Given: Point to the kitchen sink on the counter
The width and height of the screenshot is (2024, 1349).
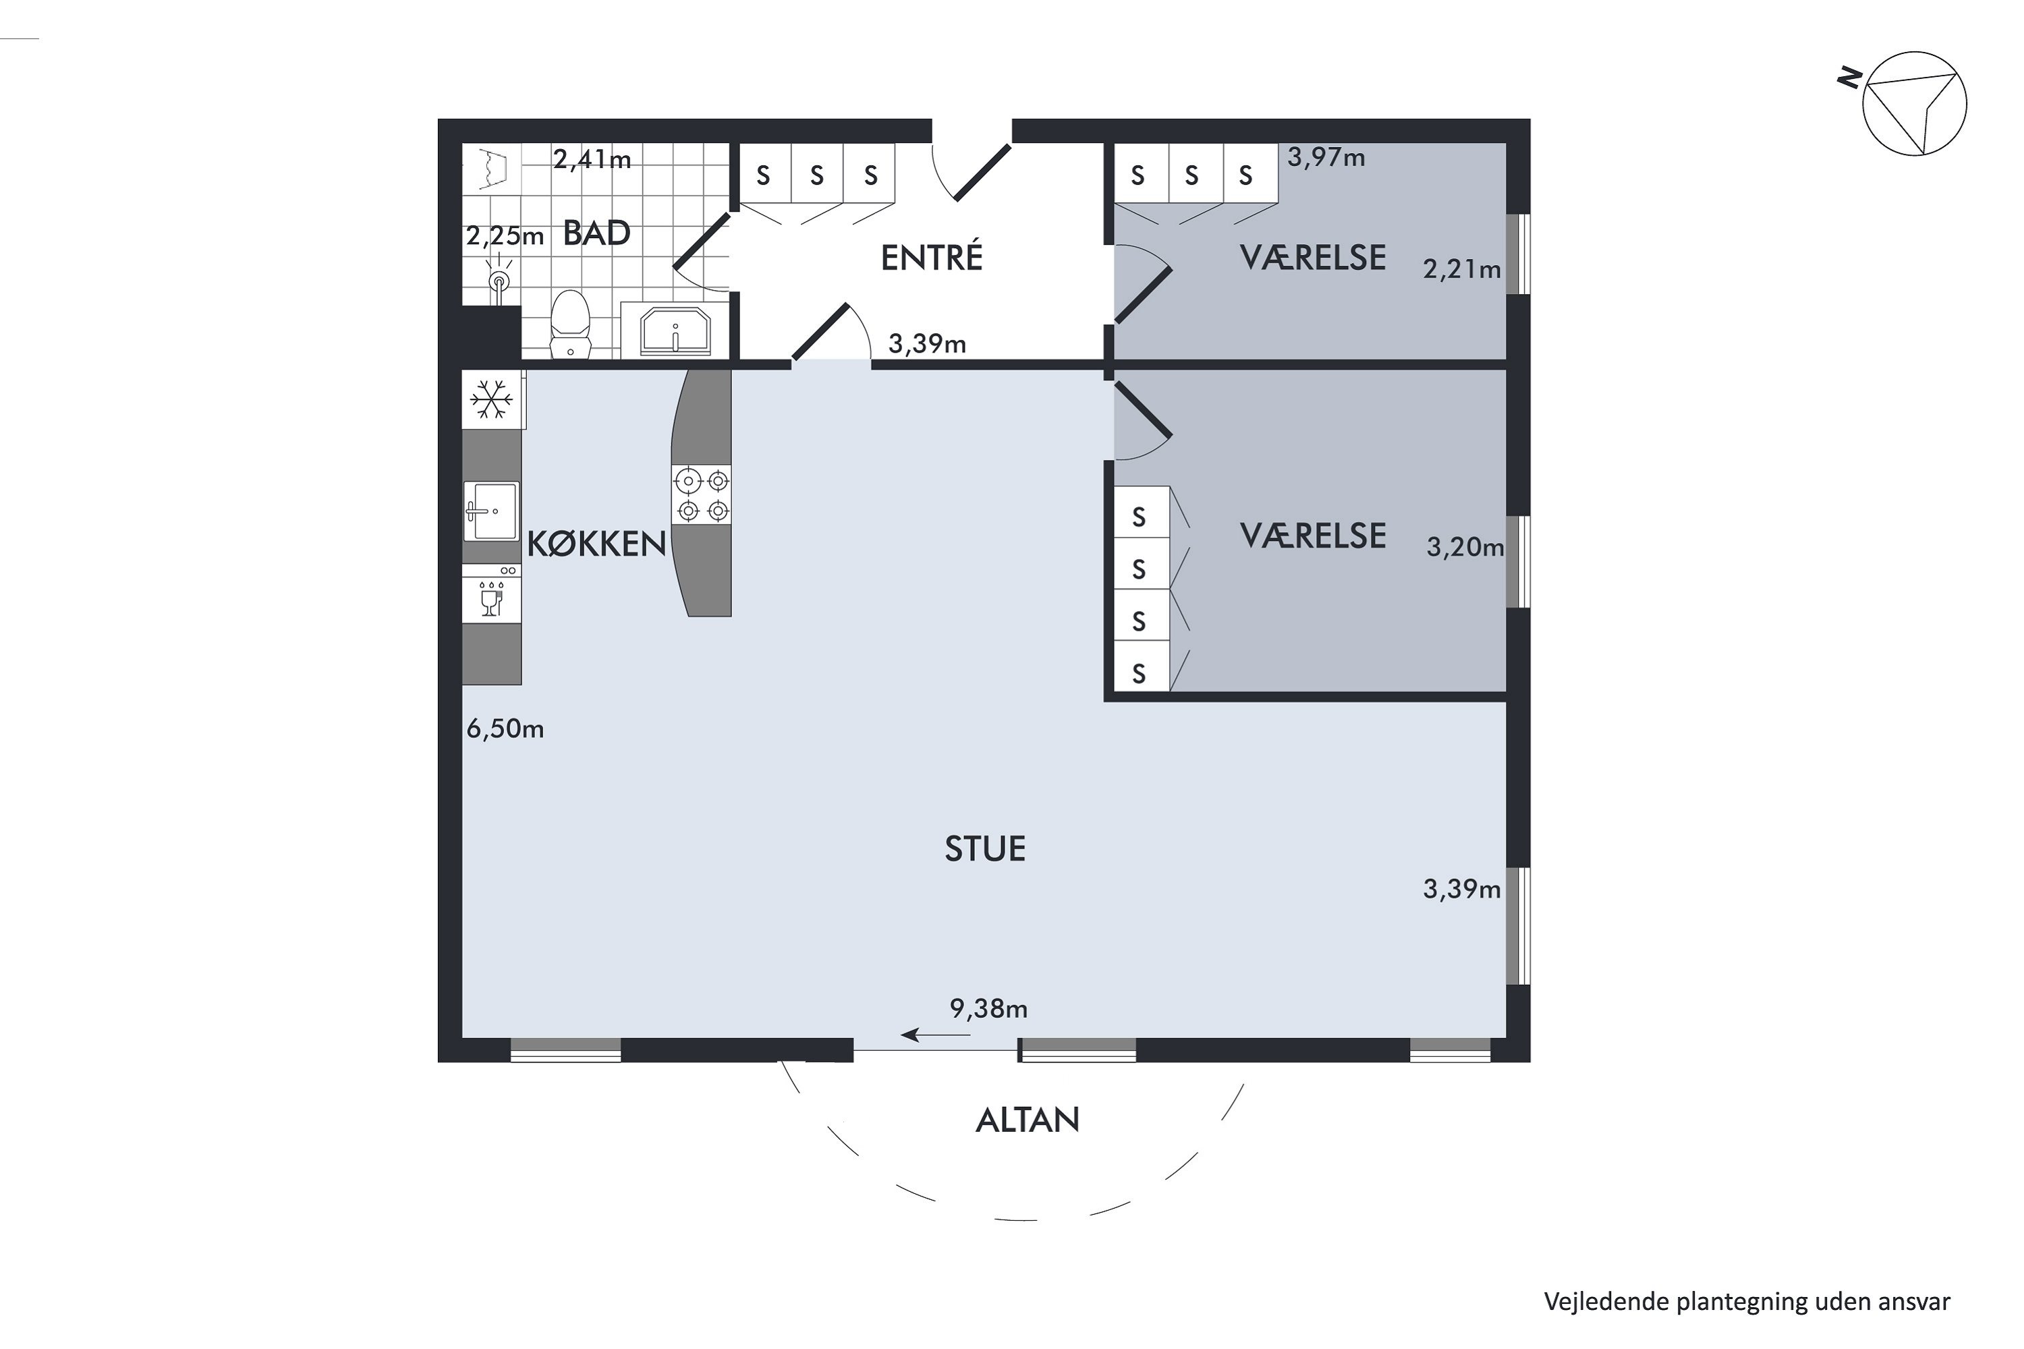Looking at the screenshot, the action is pyautogui.click(x=491, y=511).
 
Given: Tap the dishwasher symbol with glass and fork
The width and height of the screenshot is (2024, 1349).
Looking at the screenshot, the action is pyautogui.click(x=491, y=594).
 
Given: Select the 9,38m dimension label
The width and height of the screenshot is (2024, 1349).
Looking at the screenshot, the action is pyautogui.click(x=989, y=1008).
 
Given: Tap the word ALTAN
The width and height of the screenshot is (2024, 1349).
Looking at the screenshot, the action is pyautogui.click(x=1028, y=1120).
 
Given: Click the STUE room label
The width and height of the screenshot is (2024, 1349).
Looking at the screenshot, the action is pyautogui.click(x=985, y=849).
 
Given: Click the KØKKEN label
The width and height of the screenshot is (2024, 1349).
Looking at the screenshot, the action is pyautogui.click(x=597, y=544).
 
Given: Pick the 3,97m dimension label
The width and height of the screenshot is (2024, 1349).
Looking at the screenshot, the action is pyautogui.click(x=1326, y=157).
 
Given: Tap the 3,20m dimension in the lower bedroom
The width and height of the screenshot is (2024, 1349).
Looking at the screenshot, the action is pyautogui.click(x=1465, y=547).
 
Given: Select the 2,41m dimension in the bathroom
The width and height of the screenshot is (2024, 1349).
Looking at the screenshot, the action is pyautogui.click(x=592, y=159).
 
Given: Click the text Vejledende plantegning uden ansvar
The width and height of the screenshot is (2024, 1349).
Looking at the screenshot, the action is pyautogui.click(x=1747, y=1302).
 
